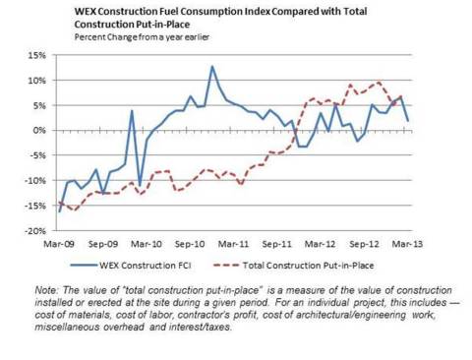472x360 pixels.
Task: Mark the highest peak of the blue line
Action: (211, 67)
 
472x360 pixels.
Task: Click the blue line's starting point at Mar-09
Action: (59, 211)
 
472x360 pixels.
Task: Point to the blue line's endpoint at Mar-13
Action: (408, 120)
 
